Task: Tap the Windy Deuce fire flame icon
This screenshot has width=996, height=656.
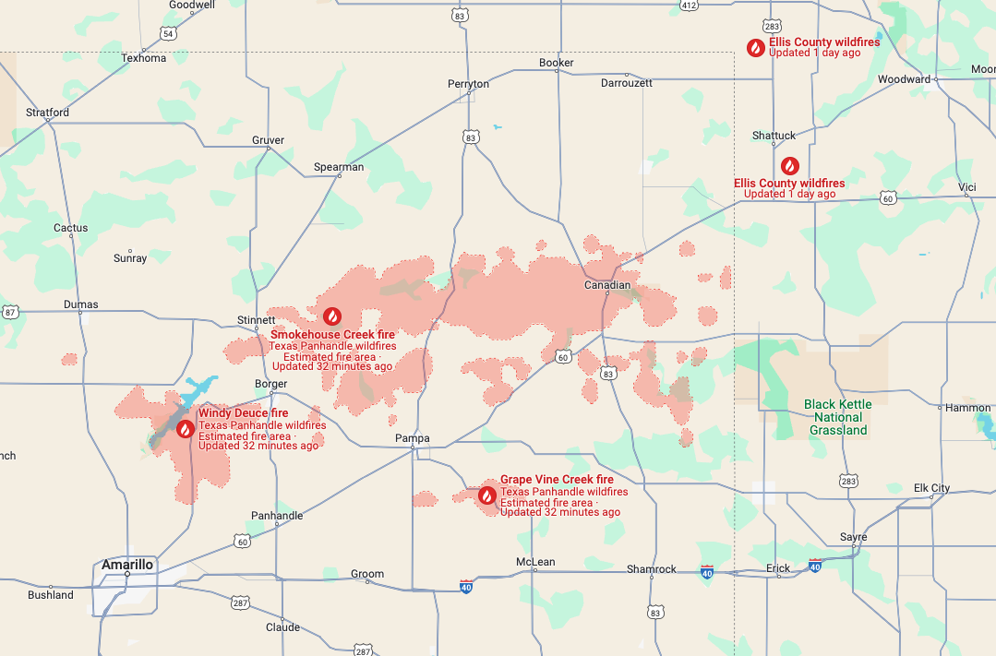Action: [186, 428]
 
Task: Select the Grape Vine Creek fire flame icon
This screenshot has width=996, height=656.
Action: [486, 495]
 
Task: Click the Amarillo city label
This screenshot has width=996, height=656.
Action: [127, 564]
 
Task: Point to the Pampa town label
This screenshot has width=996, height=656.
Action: [412, 437]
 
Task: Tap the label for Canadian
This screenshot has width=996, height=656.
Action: [607, 285]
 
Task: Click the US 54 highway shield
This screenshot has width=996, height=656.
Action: [167, 33]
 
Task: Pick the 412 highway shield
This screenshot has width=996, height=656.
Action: [689, 5]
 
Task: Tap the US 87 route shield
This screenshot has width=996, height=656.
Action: [10, 312]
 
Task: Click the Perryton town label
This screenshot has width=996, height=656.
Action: [468, 84]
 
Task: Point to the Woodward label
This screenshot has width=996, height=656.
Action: [904, 79]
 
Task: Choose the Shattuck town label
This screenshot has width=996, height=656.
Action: [774, 136]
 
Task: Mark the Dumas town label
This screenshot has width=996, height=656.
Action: [81, 304]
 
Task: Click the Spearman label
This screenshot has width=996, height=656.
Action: [339, 167]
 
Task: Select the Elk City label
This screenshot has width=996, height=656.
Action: [931, 488]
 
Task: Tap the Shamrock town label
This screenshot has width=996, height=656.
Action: [652, 569]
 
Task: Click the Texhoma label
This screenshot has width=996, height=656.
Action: [144, 58]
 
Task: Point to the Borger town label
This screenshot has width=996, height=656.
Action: [271, 383]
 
